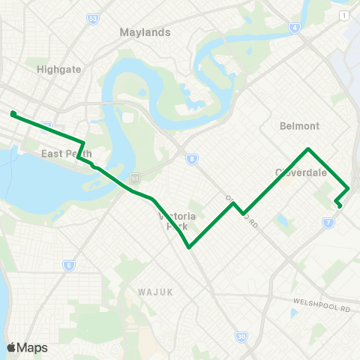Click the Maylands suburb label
point(145,32)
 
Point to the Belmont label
point(299,125)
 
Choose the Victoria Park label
point(177,220)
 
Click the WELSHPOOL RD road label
point(323,306)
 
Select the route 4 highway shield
point(295,28)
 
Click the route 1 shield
point(343,16)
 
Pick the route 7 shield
point(328,222)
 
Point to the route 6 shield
point(69,265)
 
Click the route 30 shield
point(241,337)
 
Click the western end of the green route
point(13,114)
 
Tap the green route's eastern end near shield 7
point(339,205)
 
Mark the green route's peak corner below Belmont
point(308,148)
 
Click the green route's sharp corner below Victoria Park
point(189,247)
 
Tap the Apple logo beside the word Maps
point(11,347)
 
